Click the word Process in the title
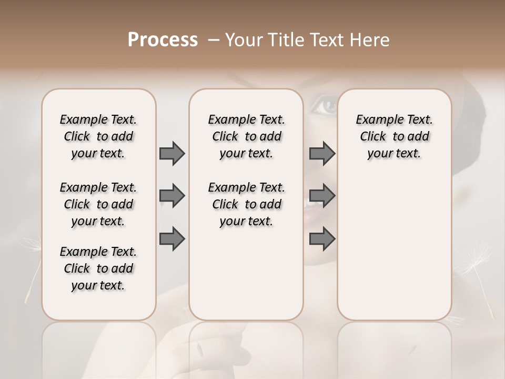click(163, 40)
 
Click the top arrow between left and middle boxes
click(172, 153)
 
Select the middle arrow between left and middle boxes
click(172, 196)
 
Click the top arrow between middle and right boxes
click(322, 153)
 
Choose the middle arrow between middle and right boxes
click(322, 196)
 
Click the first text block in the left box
click(98, 136)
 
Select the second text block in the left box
click(98, 204)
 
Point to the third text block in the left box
click(98, 268)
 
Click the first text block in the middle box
click(247, 136)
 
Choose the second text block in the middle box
click(247, 204)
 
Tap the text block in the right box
click(395, 136)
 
